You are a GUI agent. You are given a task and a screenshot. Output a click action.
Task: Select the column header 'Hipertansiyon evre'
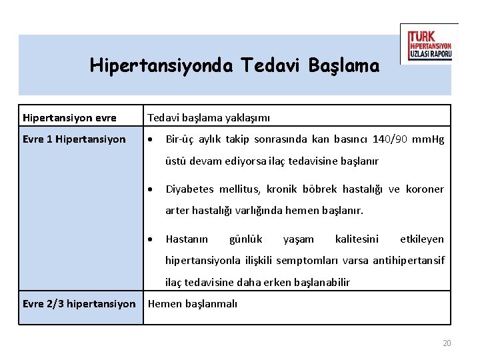tap(69, 118)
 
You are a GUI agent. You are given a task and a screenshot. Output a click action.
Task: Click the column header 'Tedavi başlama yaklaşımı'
tap(209, 118)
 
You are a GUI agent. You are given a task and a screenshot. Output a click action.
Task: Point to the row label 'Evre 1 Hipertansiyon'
tap(74, 139)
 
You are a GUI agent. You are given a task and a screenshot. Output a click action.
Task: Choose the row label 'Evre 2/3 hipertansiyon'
tap(79, 304)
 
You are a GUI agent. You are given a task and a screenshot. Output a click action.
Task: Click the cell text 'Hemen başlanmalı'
tap(192, 304)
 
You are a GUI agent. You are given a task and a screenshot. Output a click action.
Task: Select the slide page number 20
tap(447, 343)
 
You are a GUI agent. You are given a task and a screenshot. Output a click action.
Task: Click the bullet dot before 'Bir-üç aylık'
tap(151, 140)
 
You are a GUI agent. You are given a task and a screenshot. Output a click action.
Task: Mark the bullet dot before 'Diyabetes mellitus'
tap(151, 189)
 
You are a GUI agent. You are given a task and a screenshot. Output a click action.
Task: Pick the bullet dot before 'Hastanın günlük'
tap(151, 239)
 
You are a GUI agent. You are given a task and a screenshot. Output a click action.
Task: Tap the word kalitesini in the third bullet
tap(357, 239)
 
